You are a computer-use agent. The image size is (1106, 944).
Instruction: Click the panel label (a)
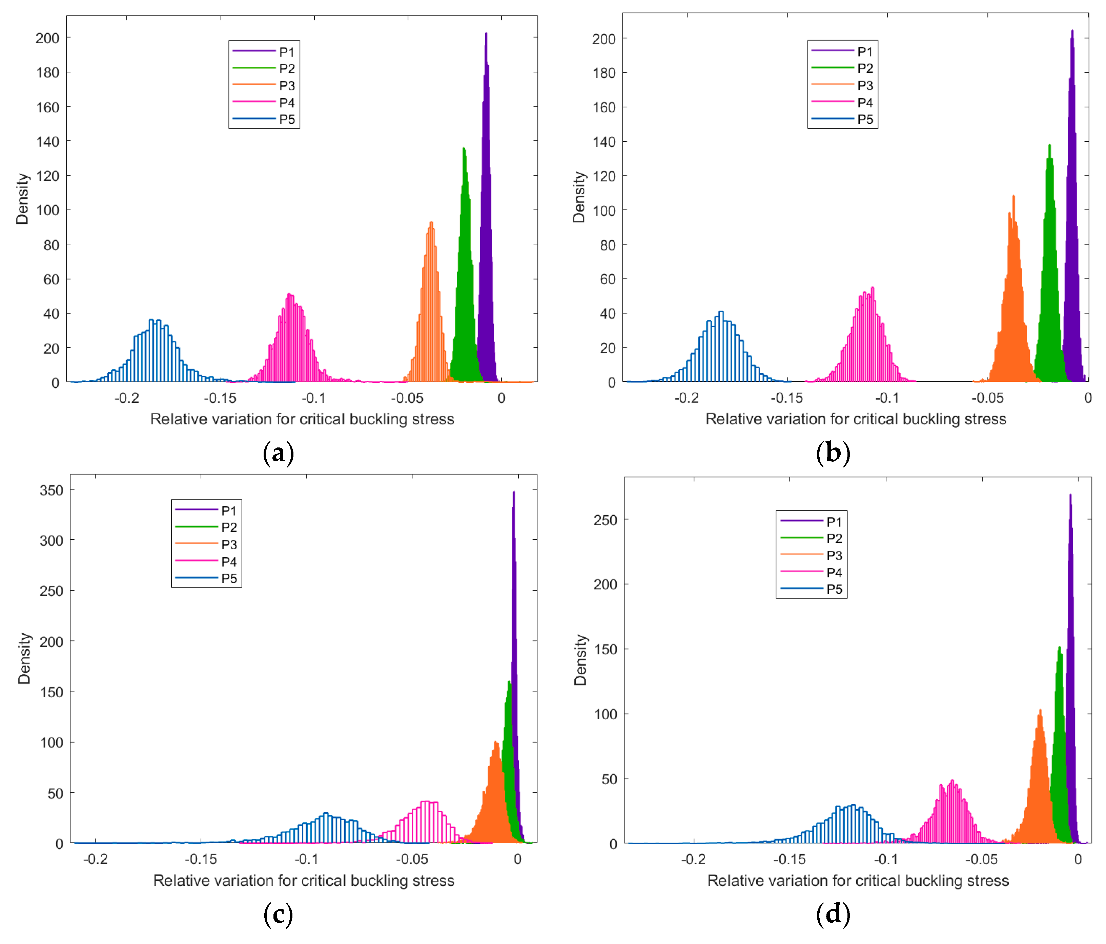click(278, 453)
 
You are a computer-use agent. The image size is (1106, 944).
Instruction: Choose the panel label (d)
click(833, 914)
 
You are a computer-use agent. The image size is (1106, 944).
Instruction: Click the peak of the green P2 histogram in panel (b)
click(1049, 146)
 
